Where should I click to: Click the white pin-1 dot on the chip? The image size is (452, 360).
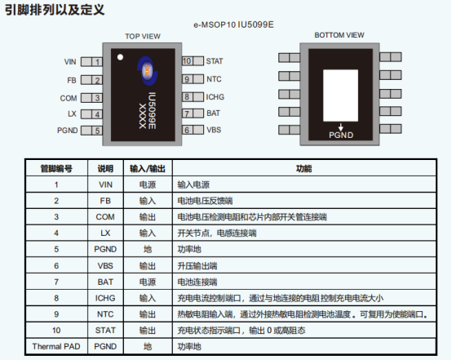[120, 57]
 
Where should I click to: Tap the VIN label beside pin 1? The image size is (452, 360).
[70, 62]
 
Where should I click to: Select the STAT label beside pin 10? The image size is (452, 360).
[215, 61]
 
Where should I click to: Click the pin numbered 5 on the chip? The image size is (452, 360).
[91, 131]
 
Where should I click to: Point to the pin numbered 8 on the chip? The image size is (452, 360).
[193, 96]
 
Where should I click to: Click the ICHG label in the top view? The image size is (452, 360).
[215, 97]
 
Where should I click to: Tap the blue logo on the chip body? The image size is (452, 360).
[148, 71]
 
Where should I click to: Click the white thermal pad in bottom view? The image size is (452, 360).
[340, 96]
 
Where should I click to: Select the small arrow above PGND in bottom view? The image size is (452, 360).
[341, 127]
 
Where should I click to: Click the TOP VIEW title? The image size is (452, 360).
[143, 37]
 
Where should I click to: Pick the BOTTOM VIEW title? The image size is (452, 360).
[339, 35]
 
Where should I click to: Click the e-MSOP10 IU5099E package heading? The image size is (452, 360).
[233, 24]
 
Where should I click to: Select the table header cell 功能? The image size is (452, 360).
[304, 168]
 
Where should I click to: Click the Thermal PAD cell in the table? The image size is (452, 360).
[56, 346]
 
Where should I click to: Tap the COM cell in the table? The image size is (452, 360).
[105, 217]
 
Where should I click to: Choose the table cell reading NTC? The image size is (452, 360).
[105, 314]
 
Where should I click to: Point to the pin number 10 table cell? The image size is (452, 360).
[56, 331]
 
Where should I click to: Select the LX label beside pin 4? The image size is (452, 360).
[72, 114]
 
